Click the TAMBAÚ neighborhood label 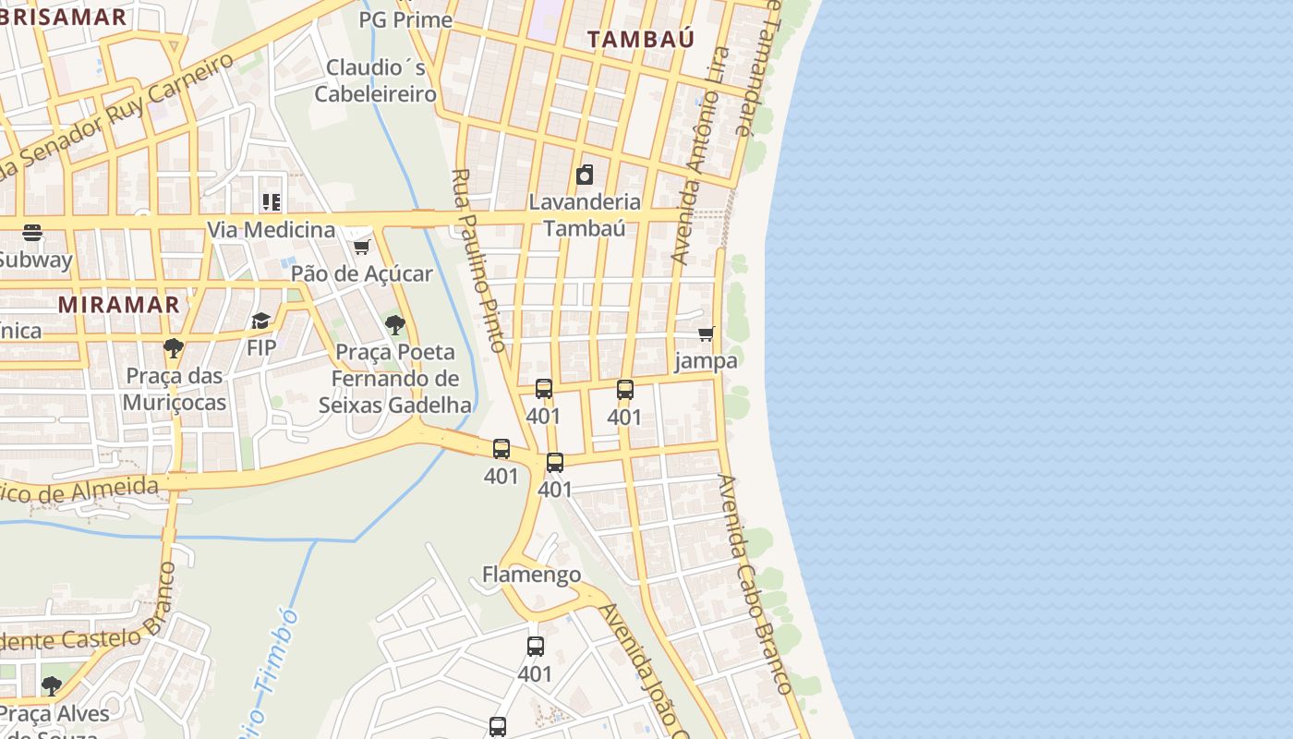point(640,39)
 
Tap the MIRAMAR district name point(118,304)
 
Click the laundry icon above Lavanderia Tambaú point(584,175)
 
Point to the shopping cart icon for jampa point(707,333)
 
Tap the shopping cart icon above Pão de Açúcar point(361,247)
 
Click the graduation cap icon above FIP point(261,321)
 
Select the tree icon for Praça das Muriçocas point(173,348)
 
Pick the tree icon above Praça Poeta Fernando point(394,324)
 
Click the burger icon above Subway point(32,233)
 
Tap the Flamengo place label point(531,575)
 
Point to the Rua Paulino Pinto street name point(479,260)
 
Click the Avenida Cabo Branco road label point(755,584)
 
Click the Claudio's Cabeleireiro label point(375,80)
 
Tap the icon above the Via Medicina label point(271,201)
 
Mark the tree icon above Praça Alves point(52,685)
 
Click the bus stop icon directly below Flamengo point(535,647)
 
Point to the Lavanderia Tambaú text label point(584,214)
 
